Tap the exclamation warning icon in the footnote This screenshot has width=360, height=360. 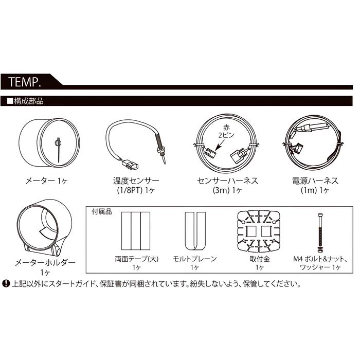[x=7, y=283]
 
